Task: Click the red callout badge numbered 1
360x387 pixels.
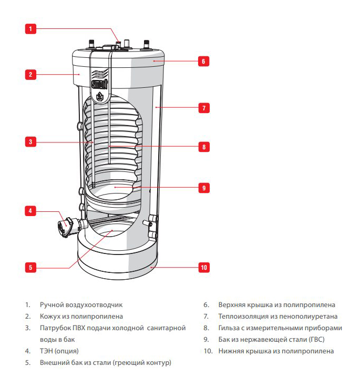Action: [31, 29]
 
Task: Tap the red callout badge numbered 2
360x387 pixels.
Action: [31, 74]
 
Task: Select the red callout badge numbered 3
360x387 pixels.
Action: [31, 141]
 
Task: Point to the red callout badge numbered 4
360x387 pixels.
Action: [31, 211]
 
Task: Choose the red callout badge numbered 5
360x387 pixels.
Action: [31, 267]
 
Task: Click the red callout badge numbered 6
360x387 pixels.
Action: [203, 61]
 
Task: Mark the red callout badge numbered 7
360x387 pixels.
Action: [203, 108]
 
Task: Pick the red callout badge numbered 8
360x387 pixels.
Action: [203, 147]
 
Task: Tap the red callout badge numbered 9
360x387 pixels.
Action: [203, 187]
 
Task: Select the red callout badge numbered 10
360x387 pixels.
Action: [203, 268]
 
